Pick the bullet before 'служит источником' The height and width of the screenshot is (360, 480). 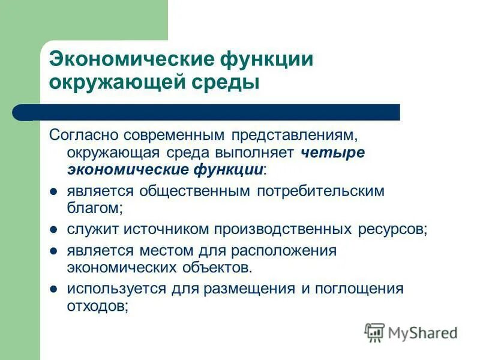53,230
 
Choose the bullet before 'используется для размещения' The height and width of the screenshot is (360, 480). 53,289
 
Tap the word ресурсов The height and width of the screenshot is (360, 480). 393,229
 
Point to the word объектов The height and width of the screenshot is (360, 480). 212,266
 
